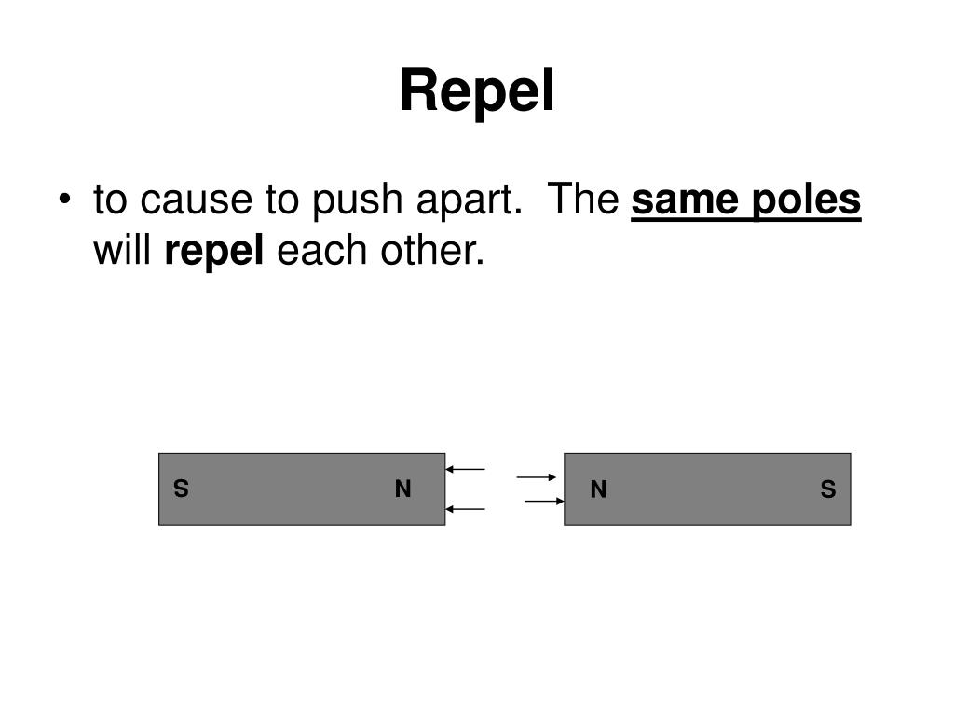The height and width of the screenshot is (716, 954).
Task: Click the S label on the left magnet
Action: tap(182, 489)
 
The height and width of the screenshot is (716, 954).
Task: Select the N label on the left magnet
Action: tap(402, 489)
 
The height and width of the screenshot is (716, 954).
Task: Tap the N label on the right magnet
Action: tap(598, 489)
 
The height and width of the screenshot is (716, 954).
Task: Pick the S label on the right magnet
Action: tap(828, 489)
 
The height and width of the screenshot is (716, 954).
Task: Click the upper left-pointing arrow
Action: tap(466, 469)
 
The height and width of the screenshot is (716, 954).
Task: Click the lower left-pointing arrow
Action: tap(466, 509)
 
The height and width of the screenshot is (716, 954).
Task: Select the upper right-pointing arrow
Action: tap(537, 477)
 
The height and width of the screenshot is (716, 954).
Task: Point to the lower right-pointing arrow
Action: tap(545, 502)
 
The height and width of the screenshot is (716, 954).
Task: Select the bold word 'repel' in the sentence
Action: tap(215, 252)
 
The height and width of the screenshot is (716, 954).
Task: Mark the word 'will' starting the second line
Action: tap(124, 251)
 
